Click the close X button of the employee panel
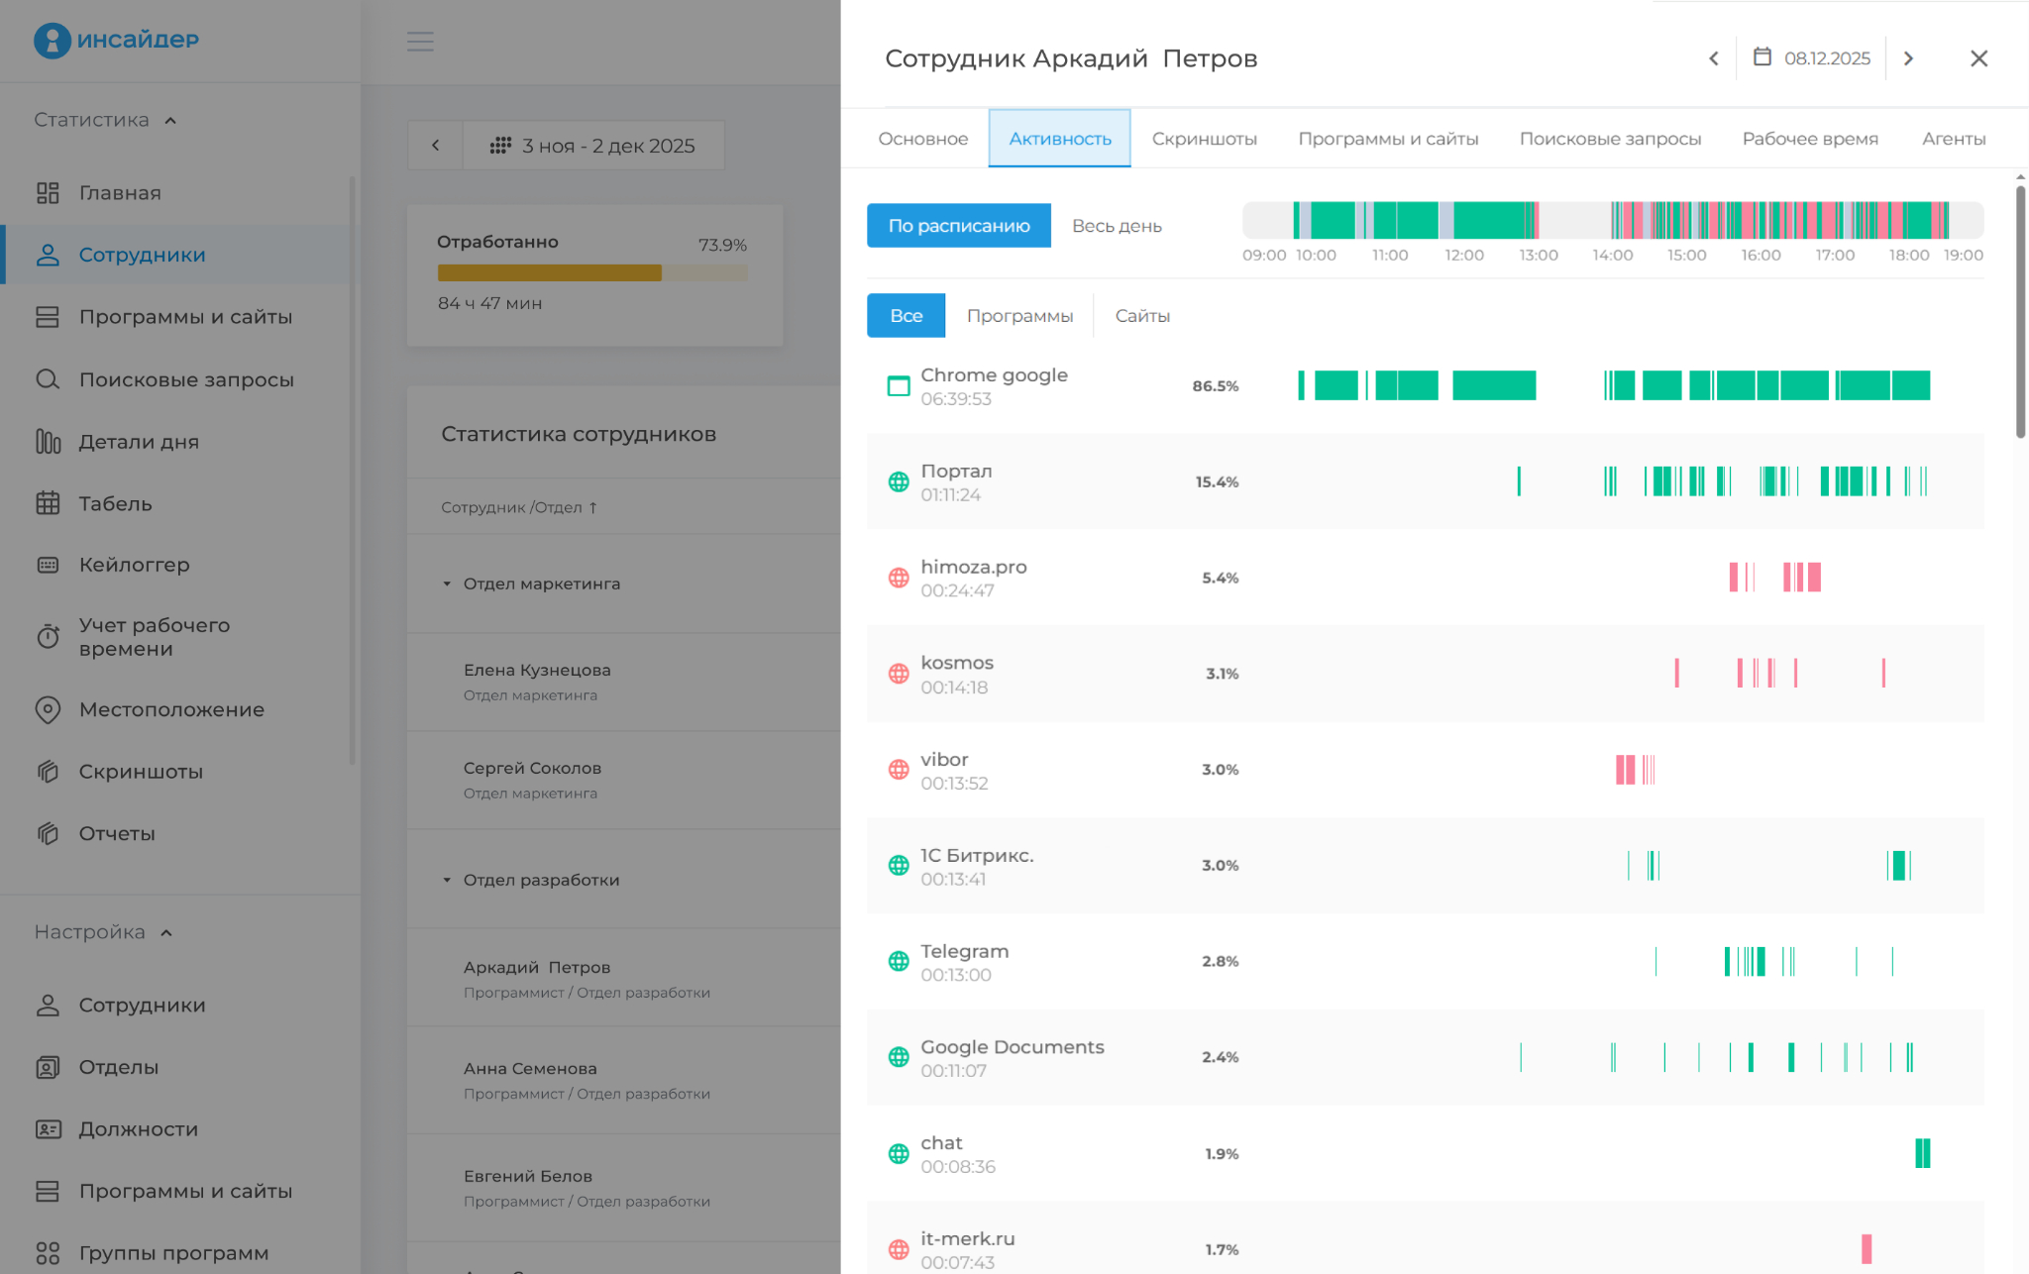1978,58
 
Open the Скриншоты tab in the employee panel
1204,139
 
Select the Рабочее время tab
1810,139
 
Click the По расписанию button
958,226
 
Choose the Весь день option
1117,226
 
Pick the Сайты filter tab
1142,316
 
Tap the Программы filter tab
1019,316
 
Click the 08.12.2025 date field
1812,58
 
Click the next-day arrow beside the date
1908,58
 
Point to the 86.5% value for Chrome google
1216,386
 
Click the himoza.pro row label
973,567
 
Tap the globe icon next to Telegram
899,961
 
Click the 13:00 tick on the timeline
1539,256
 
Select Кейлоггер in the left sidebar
134,565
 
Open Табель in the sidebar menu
115,503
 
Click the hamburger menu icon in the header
420,42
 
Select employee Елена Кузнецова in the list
537,670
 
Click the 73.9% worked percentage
722,245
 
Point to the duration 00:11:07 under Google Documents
953,1071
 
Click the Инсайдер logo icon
52,40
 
